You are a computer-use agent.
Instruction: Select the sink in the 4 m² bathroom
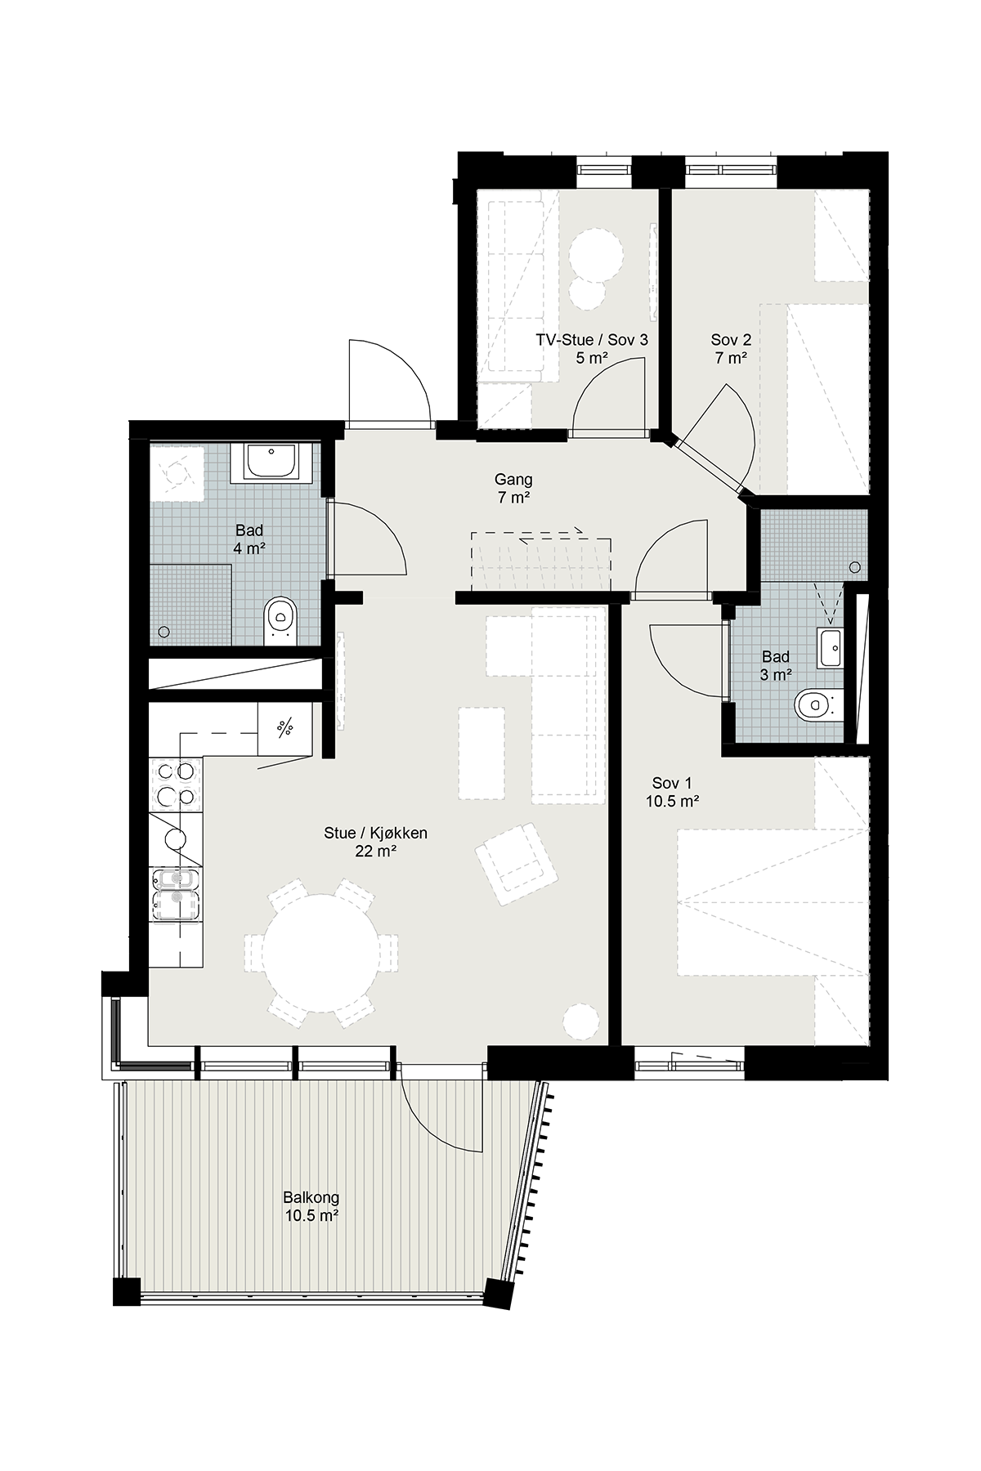[x=271, y=463]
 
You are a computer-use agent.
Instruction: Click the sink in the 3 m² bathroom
[x=830, y=649]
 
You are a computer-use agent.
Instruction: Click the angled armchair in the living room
[x=517, y=864]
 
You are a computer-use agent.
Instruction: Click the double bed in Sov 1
[x=773, y=903]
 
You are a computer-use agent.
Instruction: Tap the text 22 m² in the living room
[x=376, y=852]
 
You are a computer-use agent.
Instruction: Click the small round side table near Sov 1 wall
[x=581, y=1020]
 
